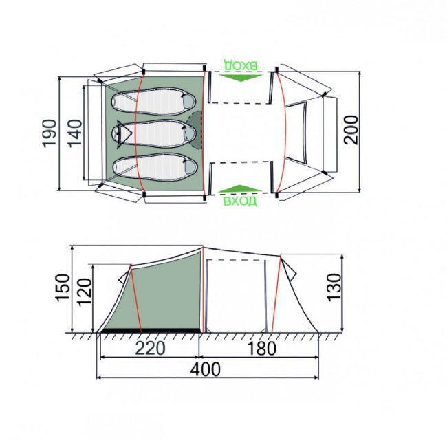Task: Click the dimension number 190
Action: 49,133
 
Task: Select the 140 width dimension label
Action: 75,133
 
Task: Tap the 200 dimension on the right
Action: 350,130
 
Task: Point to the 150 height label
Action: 63,287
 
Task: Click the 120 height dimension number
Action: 85,292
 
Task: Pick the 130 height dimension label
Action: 334,287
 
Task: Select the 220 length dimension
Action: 150,348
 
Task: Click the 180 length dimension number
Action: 261,349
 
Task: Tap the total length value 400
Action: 205,370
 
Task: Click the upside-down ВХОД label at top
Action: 240,65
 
